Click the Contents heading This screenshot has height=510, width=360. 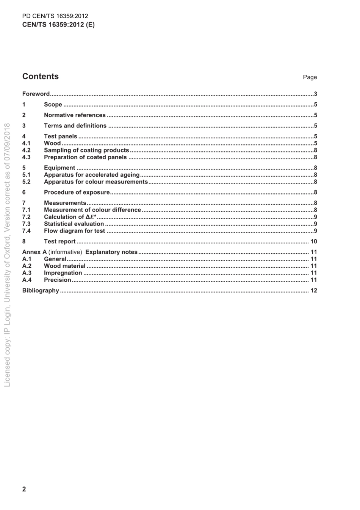pos(41,76)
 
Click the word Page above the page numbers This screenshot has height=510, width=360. pos(310,77)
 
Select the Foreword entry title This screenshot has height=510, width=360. pos(36,94)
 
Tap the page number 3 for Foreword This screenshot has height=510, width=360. pos(315,94)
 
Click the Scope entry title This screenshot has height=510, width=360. pos(53,104)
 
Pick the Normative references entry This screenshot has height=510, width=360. pos(75,115)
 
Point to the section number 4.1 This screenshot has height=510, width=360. pos(26,143)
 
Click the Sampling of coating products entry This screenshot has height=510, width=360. pos(86,150)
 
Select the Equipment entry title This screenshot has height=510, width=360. pos(59,168)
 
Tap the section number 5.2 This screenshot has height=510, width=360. pos(26,182)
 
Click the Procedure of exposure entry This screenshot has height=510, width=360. pos(77,192)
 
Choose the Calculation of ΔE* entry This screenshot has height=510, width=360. pos(70,217)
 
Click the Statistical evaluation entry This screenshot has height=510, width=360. pos(74,224)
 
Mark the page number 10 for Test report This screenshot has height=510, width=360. pos(313,241)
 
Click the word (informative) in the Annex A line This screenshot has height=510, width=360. pos(65,252)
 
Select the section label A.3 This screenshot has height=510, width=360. pos(27,273)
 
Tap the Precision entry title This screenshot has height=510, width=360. pos(58,280)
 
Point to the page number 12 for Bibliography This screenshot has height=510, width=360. pos(313,290)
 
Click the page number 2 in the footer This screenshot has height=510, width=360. pos(24,489)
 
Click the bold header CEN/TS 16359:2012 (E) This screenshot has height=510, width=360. pos(58,25)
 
